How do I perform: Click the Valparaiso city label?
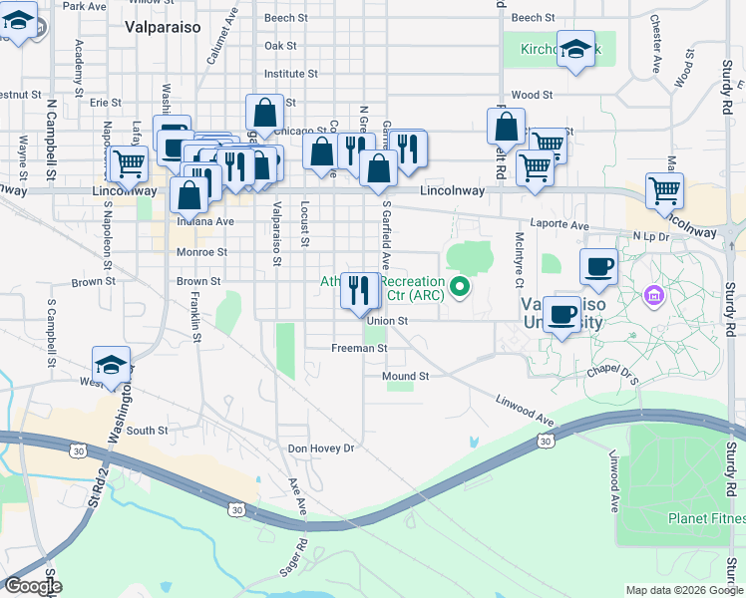[164, 28]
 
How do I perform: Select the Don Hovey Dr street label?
[321, 448]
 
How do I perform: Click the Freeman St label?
[359, 349]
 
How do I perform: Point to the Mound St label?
[405, 376]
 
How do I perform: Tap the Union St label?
[387, 321]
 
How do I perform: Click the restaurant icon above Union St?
[357, 289]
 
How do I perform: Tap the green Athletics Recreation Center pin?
[460, 288]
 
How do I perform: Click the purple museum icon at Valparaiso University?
[654, 295]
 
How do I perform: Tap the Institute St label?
[290, 74]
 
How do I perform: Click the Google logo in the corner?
[33, 586]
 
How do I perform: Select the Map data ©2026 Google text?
[684, 590]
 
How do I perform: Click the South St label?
[147, 431]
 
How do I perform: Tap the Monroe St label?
[202, 253]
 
